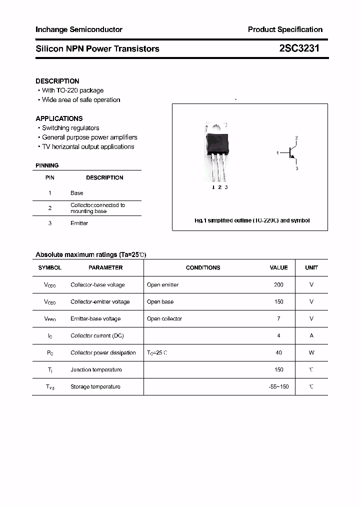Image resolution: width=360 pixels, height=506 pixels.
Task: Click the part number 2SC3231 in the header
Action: point(299,48)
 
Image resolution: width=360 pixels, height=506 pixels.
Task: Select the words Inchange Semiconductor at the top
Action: point(79,29)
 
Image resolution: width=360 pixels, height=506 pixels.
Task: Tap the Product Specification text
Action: point(285,29)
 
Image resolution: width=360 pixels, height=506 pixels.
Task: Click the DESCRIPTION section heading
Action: point(57,81)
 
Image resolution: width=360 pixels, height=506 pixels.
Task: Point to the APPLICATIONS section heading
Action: point(59,118)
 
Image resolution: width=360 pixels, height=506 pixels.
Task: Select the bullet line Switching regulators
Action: point(70,128)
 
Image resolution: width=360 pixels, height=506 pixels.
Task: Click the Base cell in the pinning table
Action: point(77,193)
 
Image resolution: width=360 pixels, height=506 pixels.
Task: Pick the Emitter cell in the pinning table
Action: point(79,223)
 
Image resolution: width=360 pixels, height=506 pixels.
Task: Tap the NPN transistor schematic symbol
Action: point(291,153)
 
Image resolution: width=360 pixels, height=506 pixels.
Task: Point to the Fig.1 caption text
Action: point(252,220)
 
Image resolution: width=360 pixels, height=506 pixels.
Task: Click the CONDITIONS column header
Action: point(203,267)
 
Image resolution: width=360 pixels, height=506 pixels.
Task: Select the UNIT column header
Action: point(311,267)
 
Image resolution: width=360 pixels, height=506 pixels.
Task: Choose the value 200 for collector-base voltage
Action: point(278,284)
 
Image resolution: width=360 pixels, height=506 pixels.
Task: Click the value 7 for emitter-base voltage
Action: point(278,318)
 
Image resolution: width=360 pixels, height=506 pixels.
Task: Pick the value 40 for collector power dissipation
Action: point(278,352)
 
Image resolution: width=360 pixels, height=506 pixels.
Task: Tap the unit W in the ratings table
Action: point(311,352)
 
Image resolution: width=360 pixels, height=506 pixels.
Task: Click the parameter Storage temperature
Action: point(95,386)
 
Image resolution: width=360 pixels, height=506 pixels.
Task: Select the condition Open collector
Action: point(164,318)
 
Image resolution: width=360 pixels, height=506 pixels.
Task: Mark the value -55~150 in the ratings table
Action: point(278,386)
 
